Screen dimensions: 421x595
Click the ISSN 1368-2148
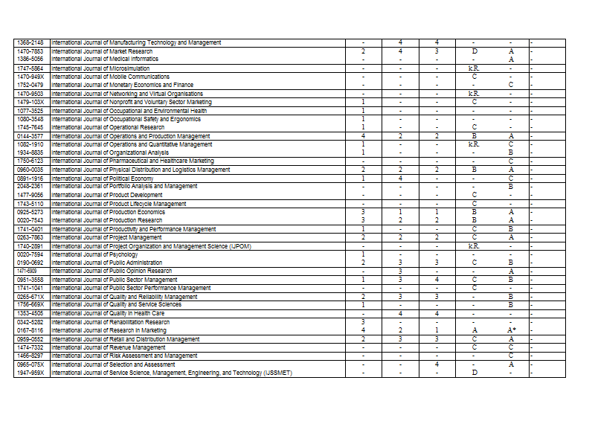[30, 42]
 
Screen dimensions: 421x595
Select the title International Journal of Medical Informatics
[105, 59]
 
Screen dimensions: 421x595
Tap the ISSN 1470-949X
[30, 77]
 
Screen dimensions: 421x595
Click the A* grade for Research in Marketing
[512, 330]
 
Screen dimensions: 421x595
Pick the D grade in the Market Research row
[474, 51]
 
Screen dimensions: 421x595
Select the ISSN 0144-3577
[30, 137]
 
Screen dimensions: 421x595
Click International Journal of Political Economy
[103, 179]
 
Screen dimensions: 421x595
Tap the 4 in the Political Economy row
[400, 179]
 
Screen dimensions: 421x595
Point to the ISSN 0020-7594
[30, 254]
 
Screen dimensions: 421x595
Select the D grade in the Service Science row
[474, 373]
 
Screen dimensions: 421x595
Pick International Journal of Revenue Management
[109, 347]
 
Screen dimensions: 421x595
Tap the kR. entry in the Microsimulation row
[474, 68]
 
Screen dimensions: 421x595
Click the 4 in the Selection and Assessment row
[437, 364]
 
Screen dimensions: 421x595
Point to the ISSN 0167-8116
[30, 330]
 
